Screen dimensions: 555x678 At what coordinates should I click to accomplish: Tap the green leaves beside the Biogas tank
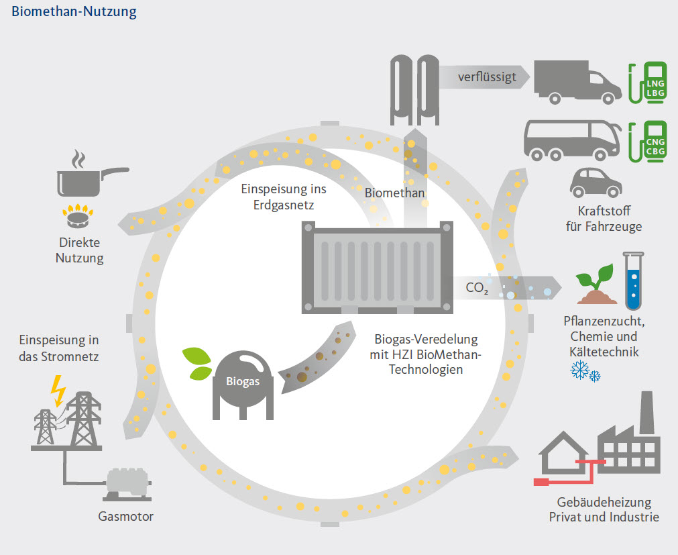pyautogui.click(x=197, y=363)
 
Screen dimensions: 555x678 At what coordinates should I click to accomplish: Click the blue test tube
pyautogui.click(x=630, y=280)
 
